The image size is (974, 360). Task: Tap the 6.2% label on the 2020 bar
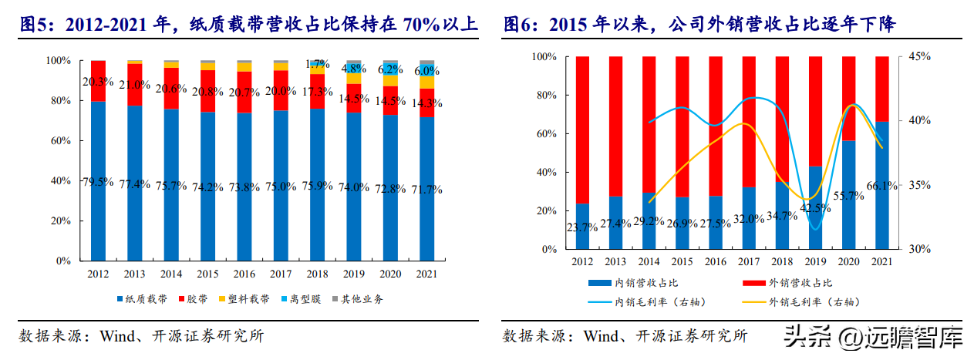tap(389, 69)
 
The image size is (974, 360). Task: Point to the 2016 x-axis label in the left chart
tap(244, 274)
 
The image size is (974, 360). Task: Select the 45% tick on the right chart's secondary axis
tap(920, 56)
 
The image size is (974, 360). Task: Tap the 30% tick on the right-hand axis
tap(920, 250)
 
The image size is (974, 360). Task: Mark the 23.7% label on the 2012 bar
tap(582, 227)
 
